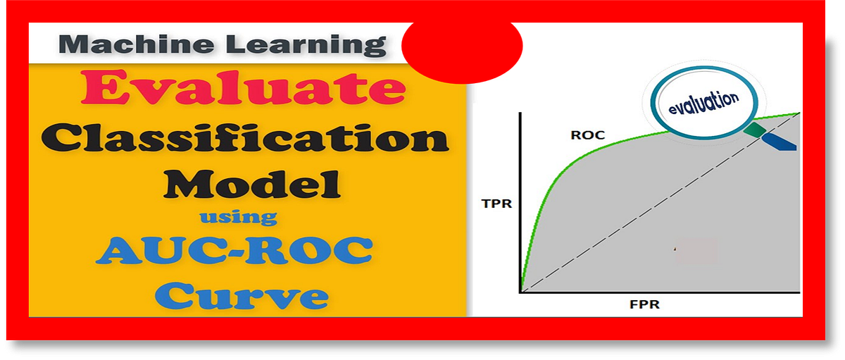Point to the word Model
[252, 185]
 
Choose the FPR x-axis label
[644, 305]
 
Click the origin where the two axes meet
[520, 291]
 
